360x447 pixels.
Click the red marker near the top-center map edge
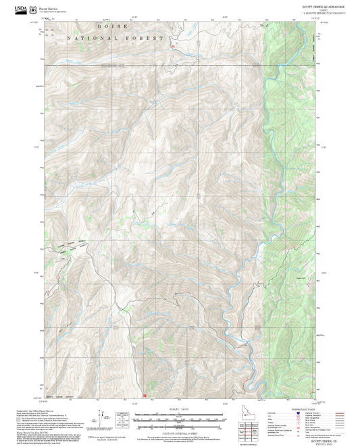(x=173, y=46)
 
